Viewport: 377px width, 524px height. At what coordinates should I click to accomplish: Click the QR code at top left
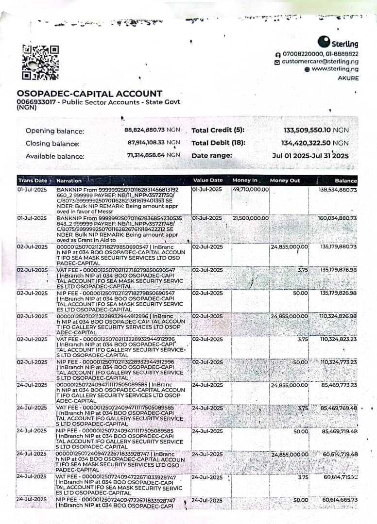pyautogui.click(x=40, y=62)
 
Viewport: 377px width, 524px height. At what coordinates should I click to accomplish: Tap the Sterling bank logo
pyautogui.click(x=338, y=43)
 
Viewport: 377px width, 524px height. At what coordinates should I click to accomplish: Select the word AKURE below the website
pyautogui.click(x=348, y=78)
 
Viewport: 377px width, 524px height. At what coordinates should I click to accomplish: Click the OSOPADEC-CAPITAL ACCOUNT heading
pyautogui.click(x=89, y=94)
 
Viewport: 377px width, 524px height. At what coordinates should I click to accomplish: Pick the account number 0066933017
pyautogui.click(x=35, y=102)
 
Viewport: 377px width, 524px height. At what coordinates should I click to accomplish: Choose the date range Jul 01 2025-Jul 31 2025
pyautogui.click(x=310, y=156)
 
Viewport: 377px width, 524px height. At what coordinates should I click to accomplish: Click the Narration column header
pyautogui.click(x=69, y=180)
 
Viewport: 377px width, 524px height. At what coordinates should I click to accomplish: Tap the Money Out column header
pyautogui.click(x=285, y=180)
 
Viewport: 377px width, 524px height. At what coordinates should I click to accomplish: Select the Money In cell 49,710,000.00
pyautogui.click(x=251, y=189)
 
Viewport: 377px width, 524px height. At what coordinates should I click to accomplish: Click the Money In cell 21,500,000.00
pyautogui.click(x=251, y=218)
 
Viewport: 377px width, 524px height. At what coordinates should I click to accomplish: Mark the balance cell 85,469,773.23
pyautogui.click(x=339, y=385)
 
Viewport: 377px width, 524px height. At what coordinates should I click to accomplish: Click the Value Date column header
pyautogui.click(x=208, y=180)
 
